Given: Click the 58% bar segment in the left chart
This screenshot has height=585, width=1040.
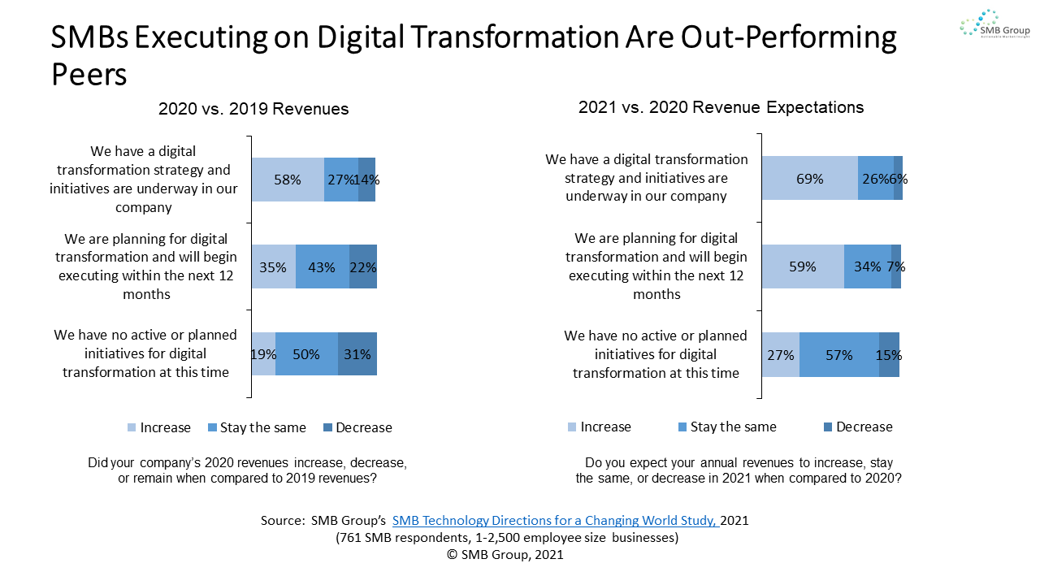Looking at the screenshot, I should coord(288,180).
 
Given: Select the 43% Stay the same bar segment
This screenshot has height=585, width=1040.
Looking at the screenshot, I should coord(323,266).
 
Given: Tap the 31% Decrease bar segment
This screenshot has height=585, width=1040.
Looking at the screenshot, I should coord(357,354).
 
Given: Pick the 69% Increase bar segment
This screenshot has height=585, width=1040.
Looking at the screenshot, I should coord(809,178).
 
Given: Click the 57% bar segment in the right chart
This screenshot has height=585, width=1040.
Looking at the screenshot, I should coord(839,355).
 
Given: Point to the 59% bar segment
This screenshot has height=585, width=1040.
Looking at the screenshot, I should coord(803,266).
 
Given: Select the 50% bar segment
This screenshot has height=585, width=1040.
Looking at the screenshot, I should coord(306,354).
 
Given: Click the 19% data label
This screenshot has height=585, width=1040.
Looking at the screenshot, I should coord(264,354).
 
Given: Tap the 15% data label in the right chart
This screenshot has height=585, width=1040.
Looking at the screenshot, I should coord(889,355).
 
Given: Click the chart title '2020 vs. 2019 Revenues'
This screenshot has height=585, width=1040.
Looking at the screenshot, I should coord(253,109).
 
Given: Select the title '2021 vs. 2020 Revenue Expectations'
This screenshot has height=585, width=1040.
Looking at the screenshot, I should coord(721,107).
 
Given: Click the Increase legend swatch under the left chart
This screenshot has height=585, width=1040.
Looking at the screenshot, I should coord(132,427).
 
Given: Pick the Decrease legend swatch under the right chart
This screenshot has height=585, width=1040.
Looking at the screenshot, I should coord(828,427).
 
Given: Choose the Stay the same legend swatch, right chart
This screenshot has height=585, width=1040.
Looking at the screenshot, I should coord(682,427).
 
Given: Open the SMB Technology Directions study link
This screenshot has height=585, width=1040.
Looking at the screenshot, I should coord(556,520).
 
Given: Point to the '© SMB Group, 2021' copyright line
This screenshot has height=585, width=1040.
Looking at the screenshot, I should coord(505,555).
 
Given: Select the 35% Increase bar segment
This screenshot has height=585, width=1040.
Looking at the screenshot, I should coord(274,266).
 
